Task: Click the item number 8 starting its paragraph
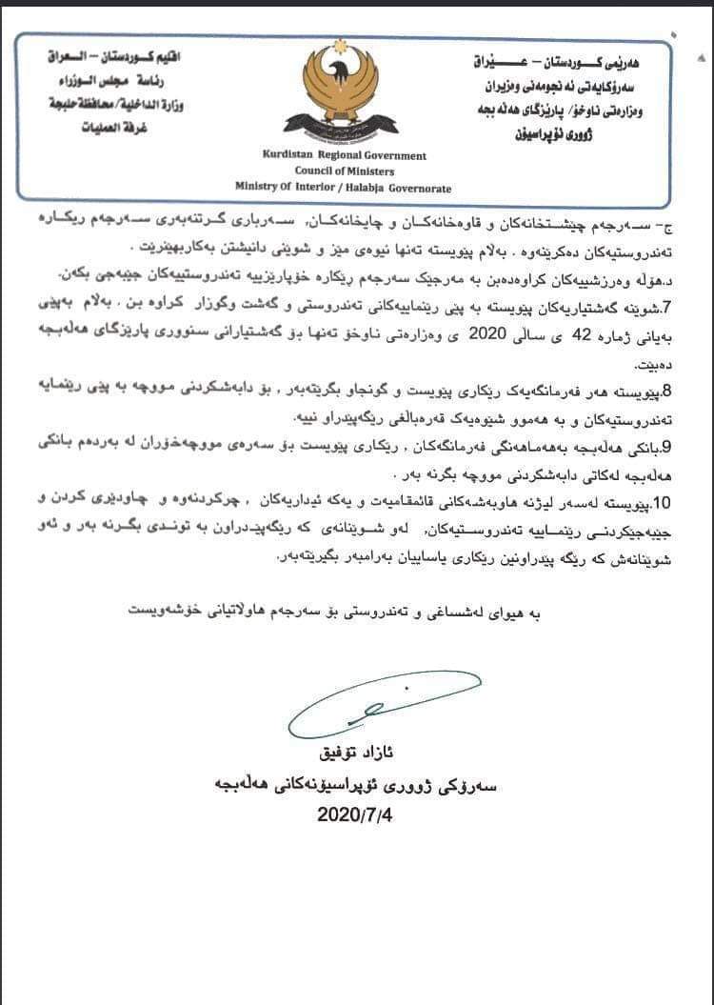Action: (667, 391)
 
